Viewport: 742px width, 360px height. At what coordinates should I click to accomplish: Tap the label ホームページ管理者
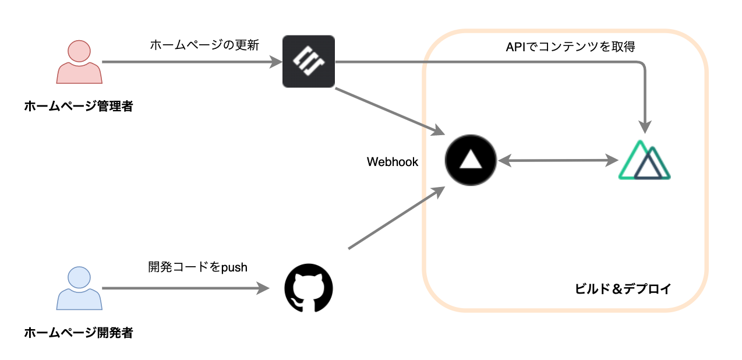(x=79, y=106)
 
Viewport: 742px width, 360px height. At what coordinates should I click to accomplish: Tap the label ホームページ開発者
(x=79, y=333)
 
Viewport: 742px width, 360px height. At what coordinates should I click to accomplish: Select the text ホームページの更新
(x=204, y=44)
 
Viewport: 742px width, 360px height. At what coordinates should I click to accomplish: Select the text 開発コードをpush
(x=198, y=267)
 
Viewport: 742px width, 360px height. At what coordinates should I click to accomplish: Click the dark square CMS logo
(x=308, y=62)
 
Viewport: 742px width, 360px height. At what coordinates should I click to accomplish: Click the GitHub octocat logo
(x=308, y=288)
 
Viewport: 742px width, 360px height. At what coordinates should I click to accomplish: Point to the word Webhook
(x=393, y=162)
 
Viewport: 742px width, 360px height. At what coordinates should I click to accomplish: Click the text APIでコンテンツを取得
(x=570, y=47)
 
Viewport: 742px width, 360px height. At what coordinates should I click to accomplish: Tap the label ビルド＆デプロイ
(x=623, y=288)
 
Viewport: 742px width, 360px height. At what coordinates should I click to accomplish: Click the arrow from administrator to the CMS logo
(x=186, y=62)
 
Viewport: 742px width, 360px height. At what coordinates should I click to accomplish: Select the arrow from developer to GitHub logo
(x=181, y=288)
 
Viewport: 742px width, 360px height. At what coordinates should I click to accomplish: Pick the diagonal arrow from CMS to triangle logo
(x=387, y=111)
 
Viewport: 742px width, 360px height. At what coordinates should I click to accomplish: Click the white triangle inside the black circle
(x=470, y=160)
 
